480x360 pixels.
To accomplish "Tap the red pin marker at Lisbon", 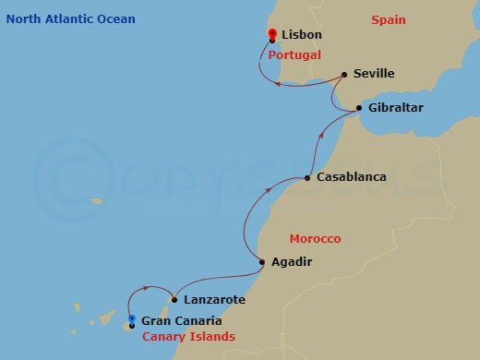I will (x=271, y=36).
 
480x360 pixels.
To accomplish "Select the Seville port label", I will (x=374, y=74).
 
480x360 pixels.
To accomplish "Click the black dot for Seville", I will (x=343, y=75).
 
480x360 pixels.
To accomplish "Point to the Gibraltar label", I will (x=395, y=108).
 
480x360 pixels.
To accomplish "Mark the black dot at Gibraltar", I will (x=359, y=109).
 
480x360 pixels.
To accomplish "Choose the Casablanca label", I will (x=351, y=176).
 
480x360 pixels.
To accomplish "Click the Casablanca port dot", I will (x=307, y=178).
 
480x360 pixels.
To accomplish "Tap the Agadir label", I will (x=292, y=262).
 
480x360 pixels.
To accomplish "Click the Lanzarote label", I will (x=214, y=300).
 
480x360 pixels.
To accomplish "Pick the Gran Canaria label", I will (x=181, y=321).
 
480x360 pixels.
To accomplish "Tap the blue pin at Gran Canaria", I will (x=132, y=320).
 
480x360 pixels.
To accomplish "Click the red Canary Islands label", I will (x=188, y=337).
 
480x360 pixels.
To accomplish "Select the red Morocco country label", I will (x=315, y=238).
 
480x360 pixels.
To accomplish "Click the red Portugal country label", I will (x=294, y=54).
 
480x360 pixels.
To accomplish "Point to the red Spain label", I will (x=389, y=19).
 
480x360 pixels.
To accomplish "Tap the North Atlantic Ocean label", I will (x=70, y=19).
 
